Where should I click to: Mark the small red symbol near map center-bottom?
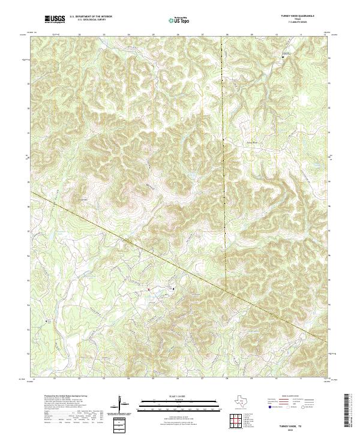(148, 289)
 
